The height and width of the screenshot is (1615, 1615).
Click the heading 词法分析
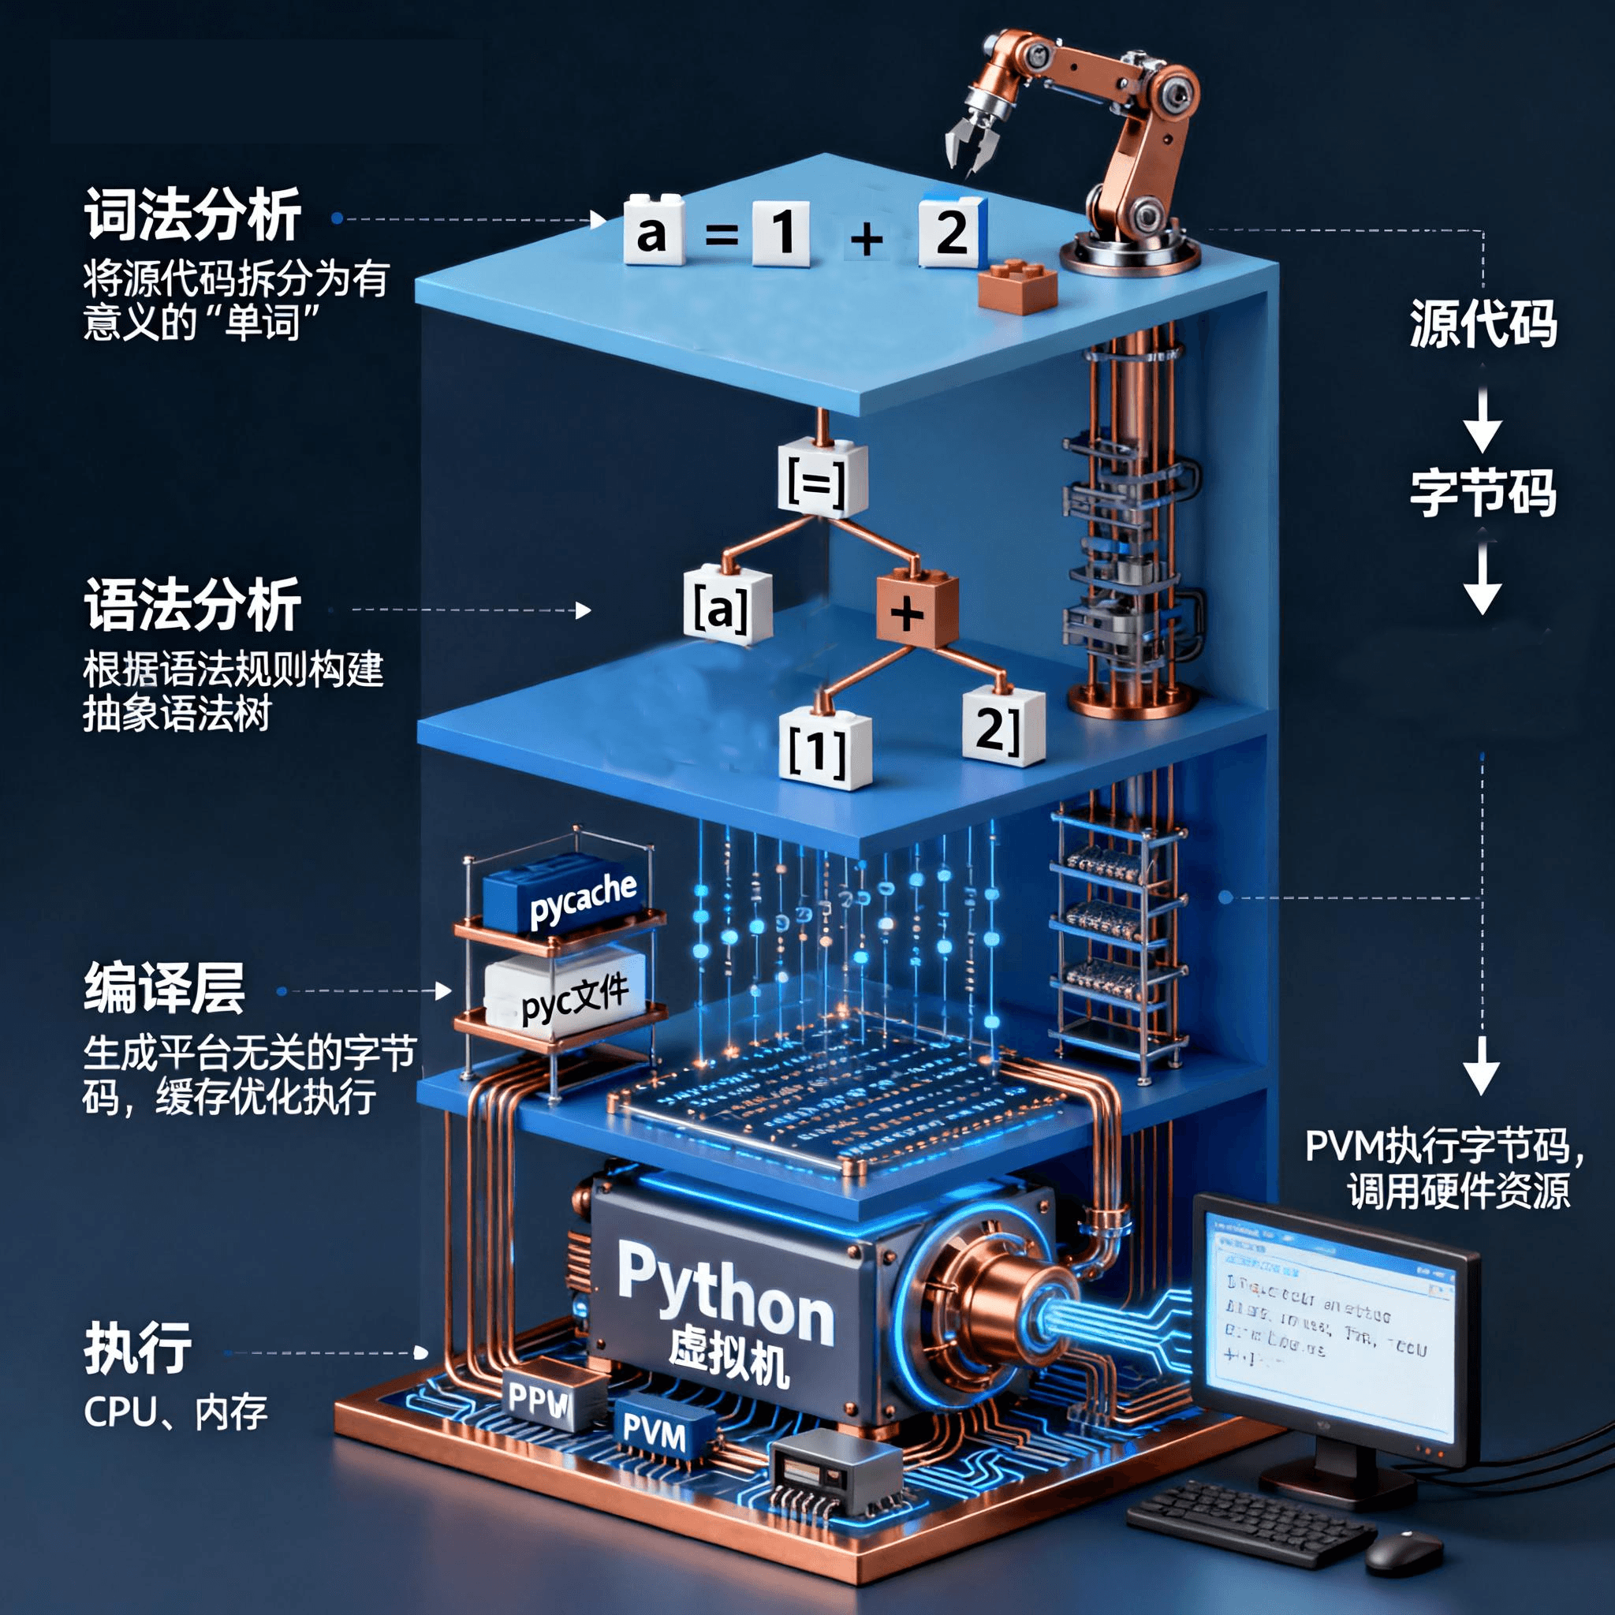tap(193, 214)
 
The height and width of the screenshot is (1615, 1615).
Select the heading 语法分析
tap(193, 604)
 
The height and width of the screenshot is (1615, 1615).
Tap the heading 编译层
tap(165, 988)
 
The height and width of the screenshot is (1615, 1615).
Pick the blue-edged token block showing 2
tap(952, 232)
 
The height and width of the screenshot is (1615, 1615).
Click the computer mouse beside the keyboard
tap(1404, 1550)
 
